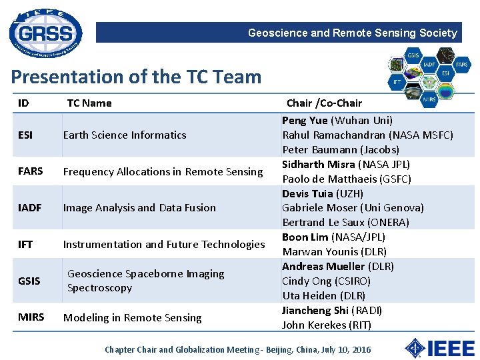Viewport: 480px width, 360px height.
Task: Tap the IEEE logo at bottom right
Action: [440, 348]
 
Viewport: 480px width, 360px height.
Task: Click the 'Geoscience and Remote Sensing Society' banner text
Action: [352, 33]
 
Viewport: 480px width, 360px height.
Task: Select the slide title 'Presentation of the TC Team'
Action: [136, 77]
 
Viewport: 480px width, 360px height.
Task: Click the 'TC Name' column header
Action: [89, 103]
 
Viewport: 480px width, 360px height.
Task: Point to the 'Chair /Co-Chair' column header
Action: [324, 103]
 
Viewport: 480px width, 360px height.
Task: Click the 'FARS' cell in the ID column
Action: [31, 171]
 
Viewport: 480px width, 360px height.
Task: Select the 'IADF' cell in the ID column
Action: [30, 208]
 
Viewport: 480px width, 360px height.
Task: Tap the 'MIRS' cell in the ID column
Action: [31, 317]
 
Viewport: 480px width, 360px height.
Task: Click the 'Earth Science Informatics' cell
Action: [125, 135]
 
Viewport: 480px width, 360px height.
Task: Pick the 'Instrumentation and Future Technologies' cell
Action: [164, 245]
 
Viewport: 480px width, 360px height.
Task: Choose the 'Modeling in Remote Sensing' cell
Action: [132, 318]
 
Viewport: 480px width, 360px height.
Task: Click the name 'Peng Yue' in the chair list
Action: [305, 121]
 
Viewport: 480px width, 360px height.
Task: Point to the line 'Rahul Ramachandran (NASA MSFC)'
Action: [367, 135]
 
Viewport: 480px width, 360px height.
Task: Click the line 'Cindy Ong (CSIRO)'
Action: [326, 281]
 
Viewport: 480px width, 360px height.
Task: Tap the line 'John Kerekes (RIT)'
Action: [327, 325]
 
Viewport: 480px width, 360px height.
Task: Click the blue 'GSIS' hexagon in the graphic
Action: [413, 55]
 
